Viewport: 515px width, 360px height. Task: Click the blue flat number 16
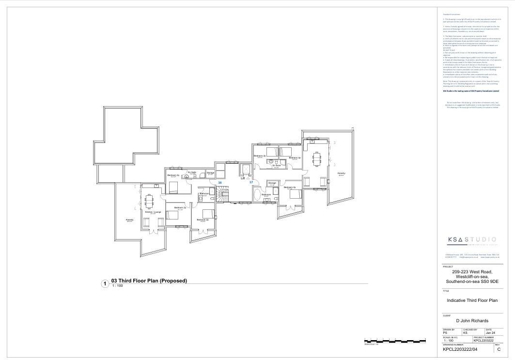point(220,183)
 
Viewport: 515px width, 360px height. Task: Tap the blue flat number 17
point(251,182)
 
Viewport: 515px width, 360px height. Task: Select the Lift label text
point(244,178)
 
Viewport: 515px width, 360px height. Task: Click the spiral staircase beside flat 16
point(223,196)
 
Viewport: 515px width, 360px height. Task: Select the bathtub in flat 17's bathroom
point(256,196)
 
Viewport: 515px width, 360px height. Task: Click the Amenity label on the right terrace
point(341,173)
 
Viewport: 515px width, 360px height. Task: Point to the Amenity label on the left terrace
point(129,219)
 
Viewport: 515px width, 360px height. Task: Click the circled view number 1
point(104,284)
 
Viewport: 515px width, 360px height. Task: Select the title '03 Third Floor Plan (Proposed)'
point(149,281)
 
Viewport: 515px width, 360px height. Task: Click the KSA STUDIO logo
point(471,240)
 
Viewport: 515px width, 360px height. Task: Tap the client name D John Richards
point(472,321)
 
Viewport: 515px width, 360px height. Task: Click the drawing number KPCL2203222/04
point(460,349)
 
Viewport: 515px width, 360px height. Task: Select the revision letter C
point(499,349)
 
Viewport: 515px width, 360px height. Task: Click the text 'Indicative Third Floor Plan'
point(472,300)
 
